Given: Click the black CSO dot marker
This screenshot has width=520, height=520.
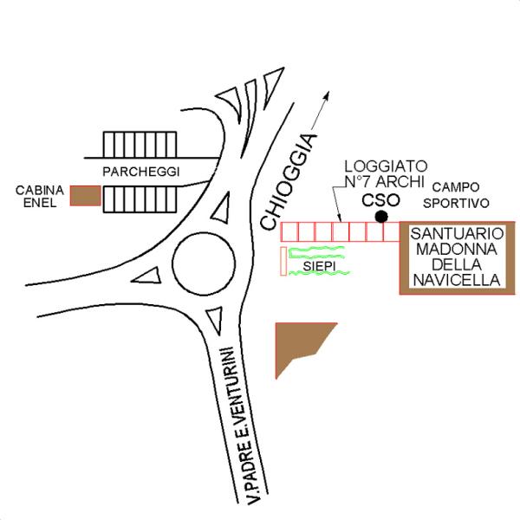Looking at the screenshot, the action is click(x=381, y=217).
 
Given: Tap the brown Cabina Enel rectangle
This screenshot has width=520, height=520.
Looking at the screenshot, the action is click(x=86, y=196).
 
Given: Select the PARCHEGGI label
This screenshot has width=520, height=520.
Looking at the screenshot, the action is click(x=141, y=172).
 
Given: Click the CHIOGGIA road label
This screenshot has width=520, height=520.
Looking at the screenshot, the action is click(x=287, y=181).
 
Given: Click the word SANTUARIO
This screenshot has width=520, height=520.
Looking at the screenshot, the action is click(x=457, y=234).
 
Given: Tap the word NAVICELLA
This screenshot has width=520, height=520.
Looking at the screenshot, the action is click(x=457, y=280).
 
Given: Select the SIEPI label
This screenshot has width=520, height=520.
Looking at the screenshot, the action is click(x=319, y=266).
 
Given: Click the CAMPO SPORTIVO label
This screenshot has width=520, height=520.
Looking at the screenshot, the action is click(x=456, y=195).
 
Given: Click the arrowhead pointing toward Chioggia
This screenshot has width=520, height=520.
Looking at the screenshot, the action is click(x=327, y=95).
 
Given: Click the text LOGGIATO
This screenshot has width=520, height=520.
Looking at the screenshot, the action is click(x=386, y=166).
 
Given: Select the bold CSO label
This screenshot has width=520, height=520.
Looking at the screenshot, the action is click(x=380, y=200).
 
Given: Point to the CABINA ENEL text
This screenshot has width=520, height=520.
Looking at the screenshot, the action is click(x=40, y=197).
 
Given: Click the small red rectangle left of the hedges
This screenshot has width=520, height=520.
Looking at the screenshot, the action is click(x=283, y=261).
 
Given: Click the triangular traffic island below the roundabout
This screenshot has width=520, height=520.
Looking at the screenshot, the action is click(x=216, y=318).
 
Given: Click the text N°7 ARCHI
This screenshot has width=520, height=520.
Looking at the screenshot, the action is click(x=385, y=181).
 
